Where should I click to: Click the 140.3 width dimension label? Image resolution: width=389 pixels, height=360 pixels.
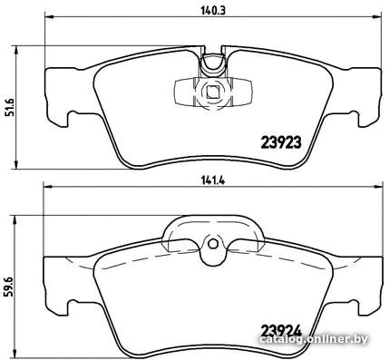pyautogui.click(x=214, y=11)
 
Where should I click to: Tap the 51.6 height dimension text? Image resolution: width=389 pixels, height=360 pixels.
pyautogui.click(x=11, y=105)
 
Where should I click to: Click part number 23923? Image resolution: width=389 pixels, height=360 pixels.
pyautogui.click(x=281, y=142)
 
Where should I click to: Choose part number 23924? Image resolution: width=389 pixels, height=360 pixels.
pyautogui.click(x=281, y=331)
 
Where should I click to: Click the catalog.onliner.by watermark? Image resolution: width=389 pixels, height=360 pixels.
pyautogui.click(x=314, y=339)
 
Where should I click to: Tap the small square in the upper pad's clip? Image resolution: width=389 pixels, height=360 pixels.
pyautogui.click(x=213, y=92)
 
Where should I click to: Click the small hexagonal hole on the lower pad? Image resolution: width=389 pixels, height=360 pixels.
pyautogui.click(x=213, y=243)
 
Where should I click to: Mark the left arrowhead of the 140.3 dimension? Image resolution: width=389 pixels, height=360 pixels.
pyautogui.click(x=49, y=16)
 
